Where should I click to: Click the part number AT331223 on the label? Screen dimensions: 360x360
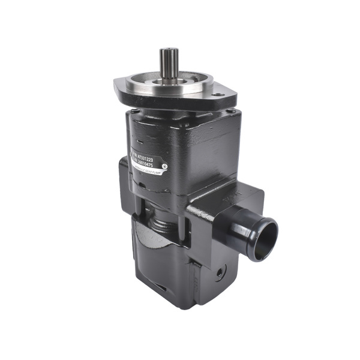coord(157,146)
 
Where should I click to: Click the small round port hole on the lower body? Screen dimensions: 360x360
coord(220,272)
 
